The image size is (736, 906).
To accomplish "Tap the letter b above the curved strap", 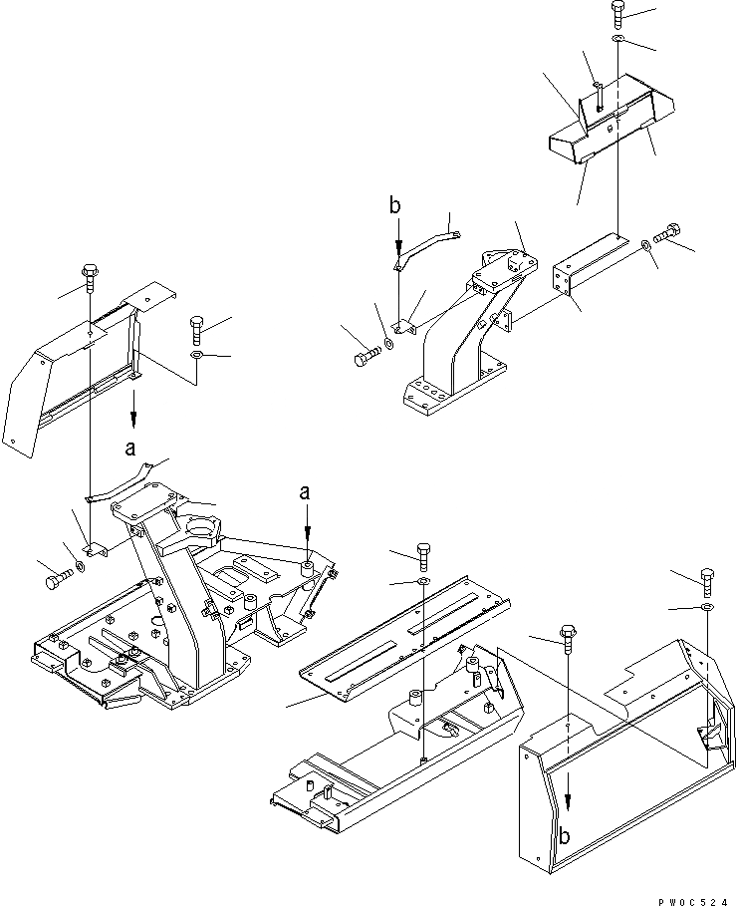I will (x=395, y=207).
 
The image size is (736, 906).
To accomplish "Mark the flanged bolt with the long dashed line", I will (x=568, y=638).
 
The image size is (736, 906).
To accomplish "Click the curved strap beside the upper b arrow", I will (x=427, y=246).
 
